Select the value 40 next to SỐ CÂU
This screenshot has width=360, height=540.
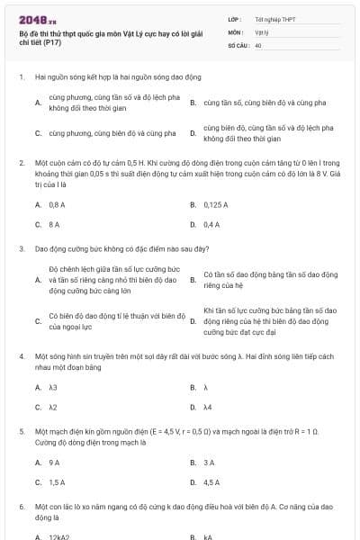tap(258, 43)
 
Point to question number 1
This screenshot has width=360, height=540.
tap(21, 77)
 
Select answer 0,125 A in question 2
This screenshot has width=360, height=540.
tap(215, 204)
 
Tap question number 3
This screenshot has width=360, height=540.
tap(21, 247)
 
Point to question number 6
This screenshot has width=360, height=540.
tap(21, 507)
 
